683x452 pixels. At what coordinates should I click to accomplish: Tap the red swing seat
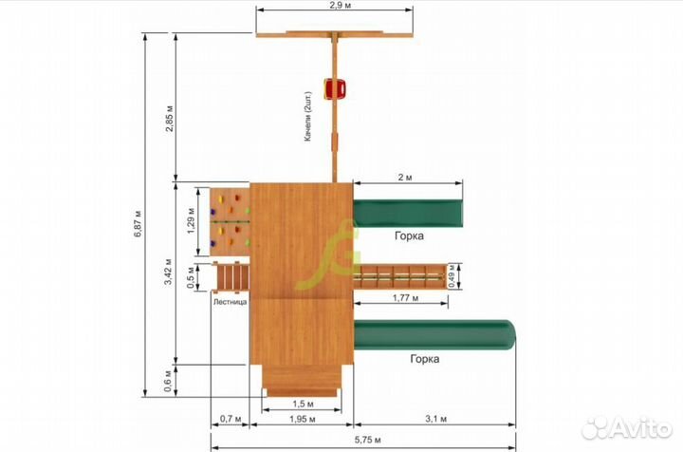[335, 88]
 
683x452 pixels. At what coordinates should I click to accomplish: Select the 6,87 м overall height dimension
[138, 223]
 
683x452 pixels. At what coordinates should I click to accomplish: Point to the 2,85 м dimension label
[170, 118]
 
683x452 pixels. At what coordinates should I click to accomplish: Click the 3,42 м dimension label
[168, 272]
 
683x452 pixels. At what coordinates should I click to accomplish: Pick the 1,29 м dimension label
[191, 220]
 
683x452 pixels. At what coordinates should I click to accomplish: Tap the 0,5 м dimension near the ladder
[191, 277]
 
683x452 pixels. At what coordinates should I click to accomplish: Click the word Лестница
[230, 302]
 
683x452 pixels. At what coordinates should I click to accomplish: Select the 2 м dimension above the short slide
[405, 178]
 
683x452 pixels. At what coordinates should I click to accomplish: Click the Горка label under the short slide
[409, 235]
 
